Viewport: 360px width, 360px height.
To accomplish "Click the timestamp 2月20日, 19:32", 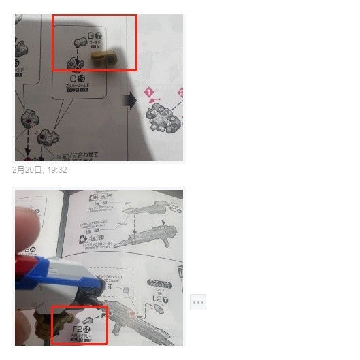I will point(39,169).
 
